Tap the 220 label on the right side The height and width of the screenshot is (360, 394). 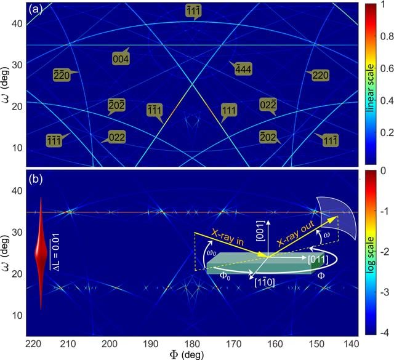320,75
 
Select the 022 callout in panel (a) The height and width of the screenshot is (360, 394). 116,137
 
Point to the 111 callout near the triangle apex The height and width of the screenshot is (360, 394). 229,111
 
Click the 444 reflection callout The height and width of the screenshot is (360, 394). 243,68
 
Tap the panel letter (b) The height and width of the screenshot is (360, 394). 35,179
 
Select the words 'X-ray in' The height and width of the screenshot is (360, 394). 228,237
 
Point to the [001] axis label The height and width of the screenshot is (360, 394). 260,231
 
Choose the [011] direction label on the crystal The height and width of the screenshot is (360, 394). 318,260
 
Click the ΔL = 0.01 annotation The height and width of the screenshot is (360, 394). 55,252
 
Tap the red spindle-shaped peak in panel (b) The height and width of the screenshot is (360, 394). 41,254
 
